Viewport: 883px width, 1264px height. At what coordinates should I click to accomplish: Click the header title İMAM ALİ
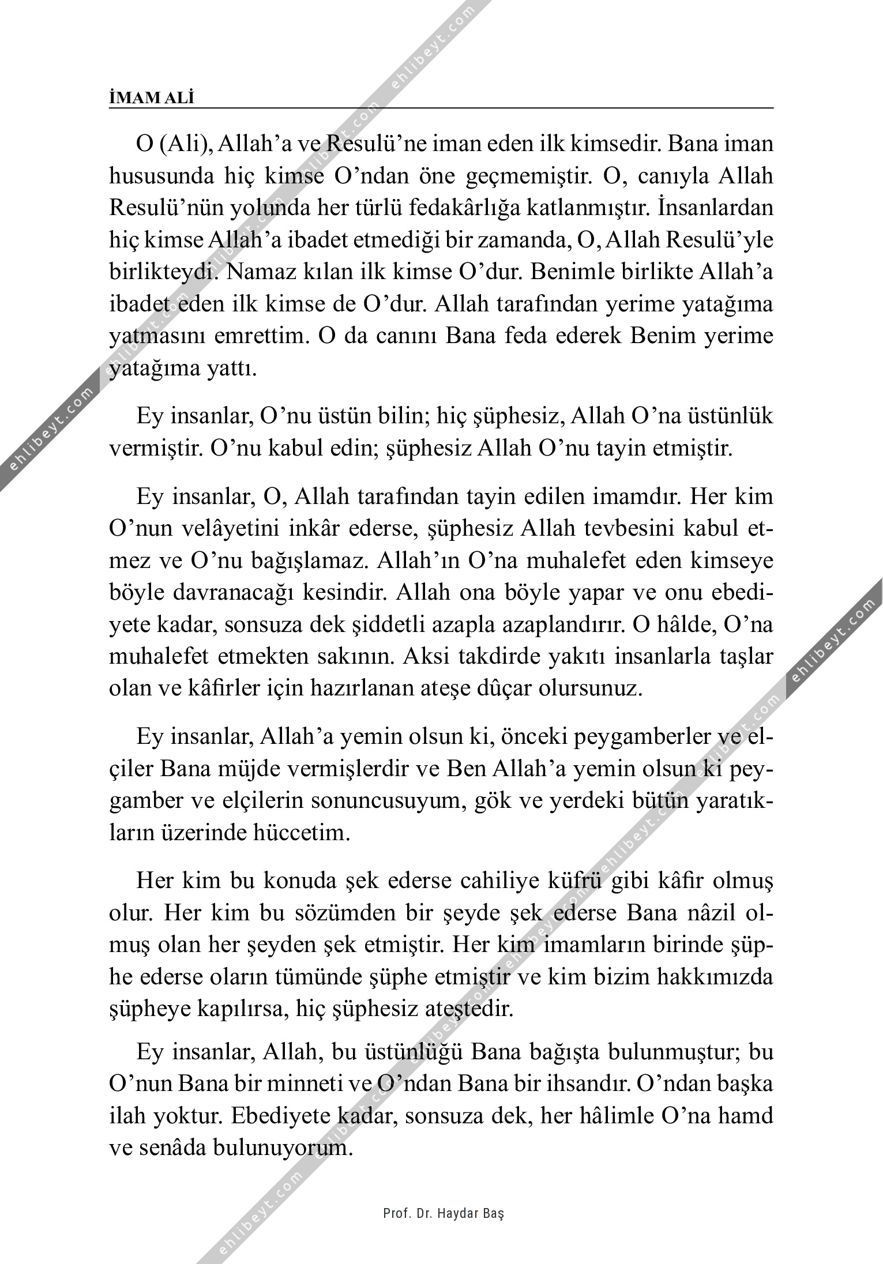pos(152,98)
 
